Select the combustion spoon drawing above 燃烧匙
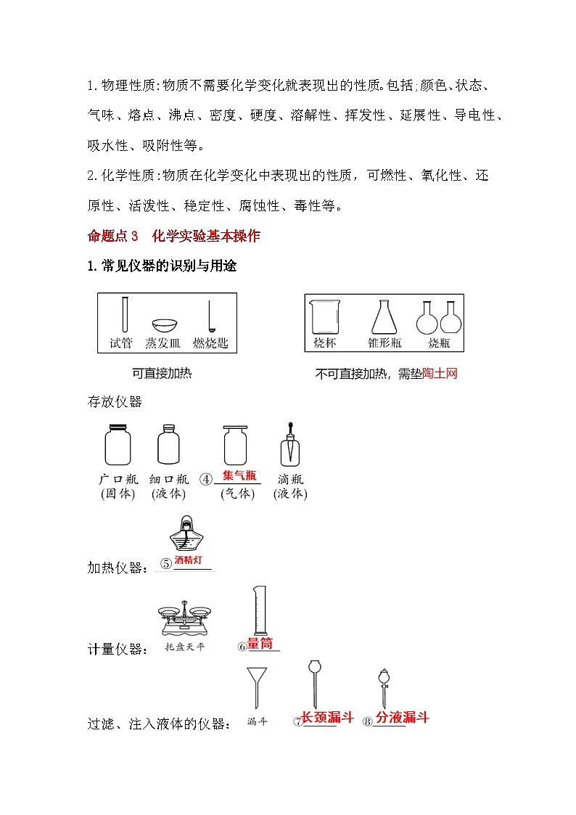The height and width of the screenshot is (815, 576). pos(210,316)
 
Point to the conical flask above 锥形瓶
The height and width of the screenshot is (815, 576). pos(384,317)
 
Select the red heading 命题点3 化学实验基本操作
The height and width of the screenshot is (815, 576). pos(173,236)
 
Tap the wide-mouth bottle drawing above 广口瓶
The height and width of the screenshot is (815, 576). pos(117,444)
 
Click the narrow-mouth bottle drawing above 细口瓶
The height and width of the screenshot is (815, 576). pos(168,444)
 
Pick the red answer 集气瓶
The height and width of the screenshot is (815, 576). pos(239,476)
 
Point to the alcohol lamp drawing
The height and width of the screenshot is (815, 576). pos(186,535)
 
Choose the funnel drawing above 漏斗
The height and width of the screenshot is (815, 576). pos(256,686)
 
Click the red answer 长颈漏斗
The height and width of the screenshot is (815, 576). pos(327,718)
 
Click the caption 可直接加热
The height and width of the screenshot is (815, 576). pos(162,374)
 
